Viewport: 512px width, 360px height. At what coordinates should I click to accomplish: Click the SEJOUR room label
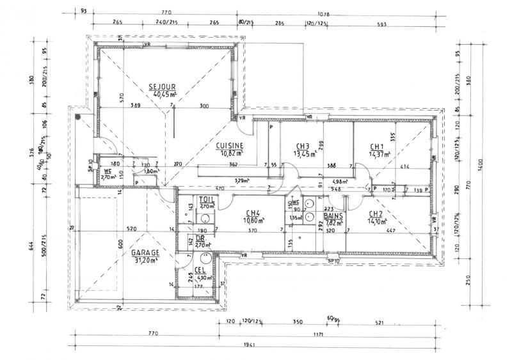[162, 86]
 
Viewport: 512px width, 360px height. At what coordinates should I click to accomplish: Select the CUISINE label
[229, 145]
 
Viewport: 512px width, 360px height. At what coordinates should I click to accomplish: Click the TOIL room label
[207, 200]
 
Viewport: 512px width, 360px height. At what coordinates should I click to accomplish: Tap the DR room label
[200, 237]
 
